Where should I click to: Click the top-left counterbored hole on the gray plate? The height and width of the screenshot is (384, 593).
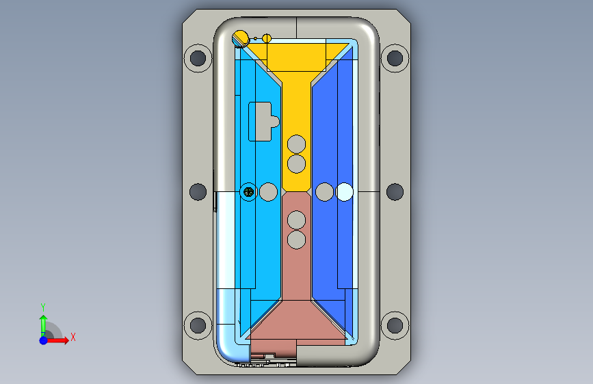(198, 58)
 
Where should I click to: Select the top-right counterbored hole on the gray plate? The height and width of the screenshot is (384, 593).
(395, 58)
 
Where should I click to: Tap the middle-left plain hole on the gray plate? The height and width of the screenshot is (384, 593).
(198, 191)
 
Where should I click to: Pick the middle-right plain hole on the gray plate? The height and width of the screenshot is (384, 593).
(395, 191)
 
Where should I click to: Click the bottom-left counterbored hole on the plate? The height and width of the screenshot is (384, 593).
(198, 325)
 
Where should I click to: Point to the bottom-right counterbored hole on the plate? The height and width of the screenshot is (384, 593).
(395, 325)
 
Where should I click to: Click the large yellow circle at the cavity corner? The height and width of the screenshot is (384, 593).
(240, 39)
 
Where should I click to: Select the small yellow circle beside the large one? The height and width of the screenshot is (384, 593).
(267, 38)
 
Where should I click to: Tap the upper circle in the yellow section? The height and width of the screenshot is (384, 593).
(297, 144)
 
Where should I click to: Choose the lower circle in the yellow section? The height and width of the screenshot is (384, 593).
(297, 164)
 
